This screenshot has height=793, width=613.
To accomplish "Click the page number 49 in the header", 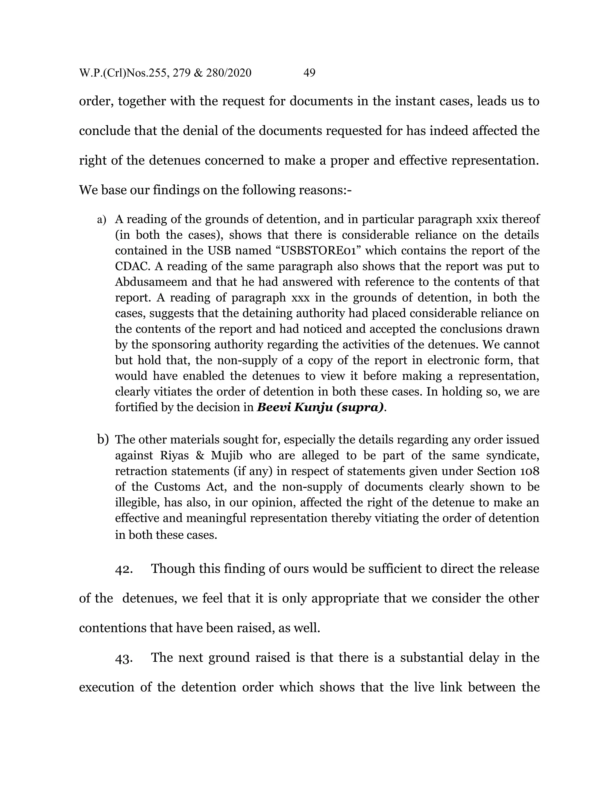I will pos(309,73).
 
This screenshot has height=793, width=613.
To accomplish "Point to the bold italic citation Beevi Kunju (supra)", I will pos(320,407).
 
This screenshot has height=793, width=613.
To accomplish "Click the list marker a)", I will pos(101,220).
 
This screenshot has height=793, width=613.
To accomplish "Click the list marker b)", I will pos(103,439).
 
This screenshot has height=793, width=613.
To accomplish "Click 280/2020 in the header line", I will pos(228,73).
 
